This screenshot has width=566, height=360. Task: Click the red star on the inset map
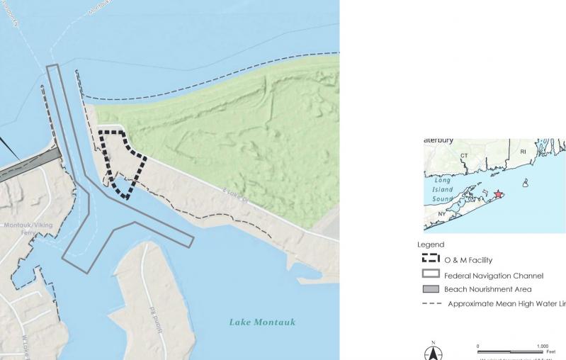[x=499, y=194]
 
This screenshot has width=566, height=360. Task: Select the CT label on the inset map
[x=465, y=156]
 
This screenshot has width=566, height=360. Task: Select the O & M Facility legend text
[x=468, y=260]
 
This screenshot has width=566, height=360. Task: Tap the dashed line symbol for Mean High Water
[x=431, y=303]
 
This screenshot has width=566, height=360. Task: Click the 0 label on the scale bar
[x=478, y=346]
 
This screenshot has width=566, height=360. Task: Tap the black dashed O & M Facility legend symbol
[x=431, y=259]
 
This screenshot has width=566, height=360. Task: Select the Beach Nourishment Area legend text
[x=487, y=289]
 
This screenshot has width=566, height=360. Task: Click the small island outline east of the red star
[x=525, y=183]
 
